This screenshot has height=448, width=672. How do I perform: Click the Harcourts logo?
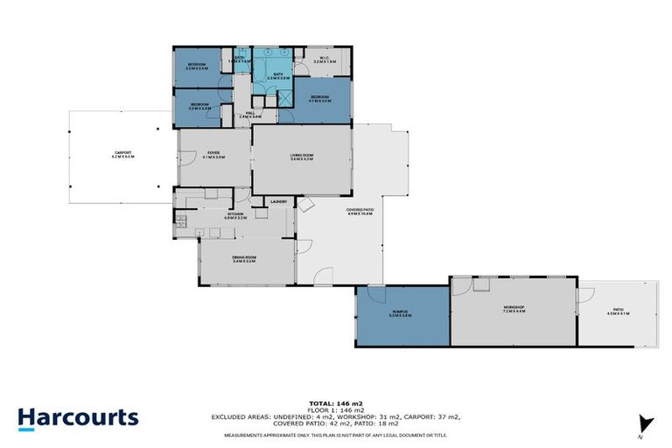point(78,416)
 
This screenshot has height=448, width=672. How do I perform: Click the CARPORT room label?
point(122,155)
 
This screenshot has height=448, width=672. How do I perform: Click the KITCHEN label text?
point(235,213)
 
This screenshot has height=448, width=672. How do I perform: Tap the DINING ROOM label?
point(243,258)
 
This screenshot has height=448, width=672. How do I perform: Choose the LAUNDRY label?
point(278,202)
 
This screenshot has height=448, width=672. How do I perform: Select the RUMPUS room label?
point(401,312)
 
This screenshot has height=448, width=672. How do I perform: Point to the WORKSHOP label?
point(513,308)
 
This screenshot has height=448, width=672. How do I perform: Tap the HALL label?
point(249,113)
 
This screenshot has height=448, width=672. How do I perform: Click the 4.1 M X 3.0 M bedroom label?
point(319,99)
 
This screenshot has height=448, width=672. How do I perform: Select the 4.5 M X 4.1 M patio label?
point(618,312)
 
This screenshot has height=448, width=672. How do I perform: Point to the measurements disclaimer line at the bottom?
point(335,435)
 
